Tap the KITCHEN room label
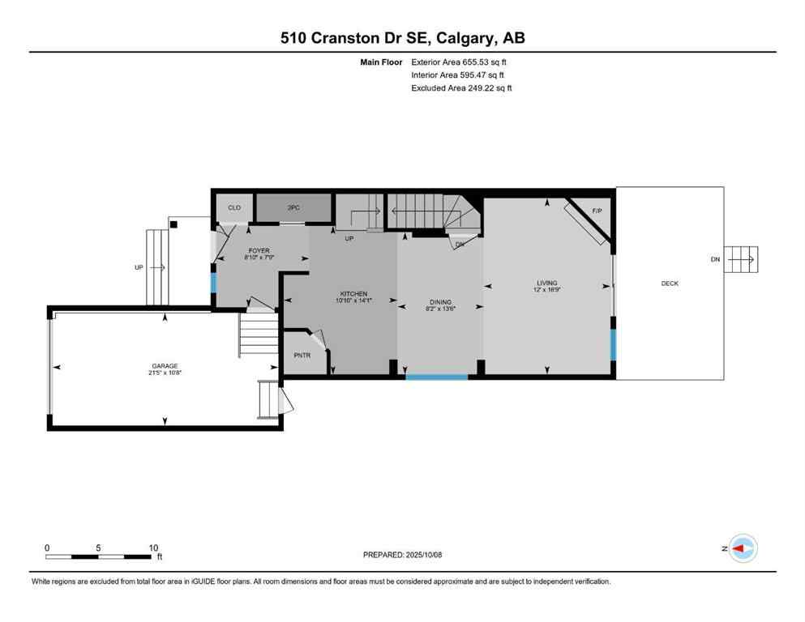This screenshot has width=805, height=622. pyautogui.click(x=353, y=293)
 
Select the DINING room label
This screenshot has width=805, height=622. pyautogui.click(x=440, y=302)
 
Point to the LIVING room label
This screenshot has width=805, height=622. pyautogui.click(x=547, y=283)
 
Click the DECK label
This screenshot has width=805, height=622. pyautogui.click(x=670, y=283)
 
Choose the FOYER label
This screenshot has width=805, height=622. pyautogui.click(x=259, y=251)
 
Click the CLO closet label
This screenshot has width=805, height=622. pyautogui.click(x=234, y=208)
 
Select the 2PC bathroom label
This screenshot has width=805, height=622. pyautogui.click(x=293, y=208)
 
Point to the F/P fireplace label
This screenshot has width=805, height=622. pyautogui.click(x=597, y=211)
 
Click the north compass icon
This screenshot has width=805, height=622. pyautogui.click(x=742, y=548)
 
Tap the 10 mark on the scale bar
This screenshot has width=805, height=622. pyautogui.click(x=153, y=547)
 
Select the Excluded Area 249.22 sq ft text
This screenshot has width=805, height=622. pyautogui.click(x=461, y=87)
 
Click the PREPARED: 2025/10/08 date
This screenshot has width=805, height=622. pyautogui.click(x=402, y=555)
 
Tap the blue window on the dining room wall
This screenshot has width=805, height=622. pyautogui.click(x=436, y=377)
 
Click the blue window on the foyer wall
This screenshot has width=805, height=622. pyautogui.click(x=213, y=283)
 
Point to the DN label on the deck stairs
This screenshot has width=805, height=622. pyautogui.click(x=714, y=260)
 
